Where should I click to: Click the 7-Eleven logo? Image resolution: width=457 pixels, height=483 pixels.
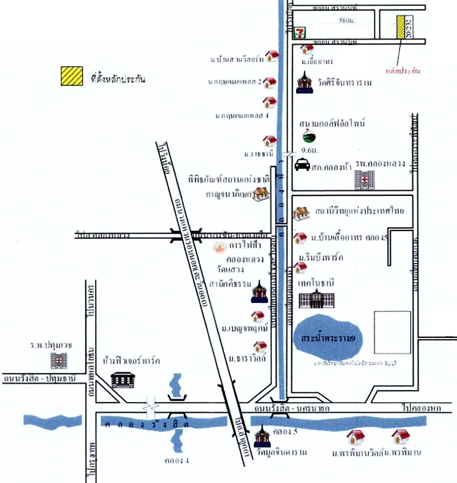pos(300,32)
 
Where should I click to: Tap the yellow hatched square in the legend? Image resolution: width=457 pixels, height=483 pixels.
pos(72,76)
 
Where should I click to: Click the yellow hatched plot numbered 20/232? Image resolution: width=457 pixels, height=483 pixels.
pos(401,27)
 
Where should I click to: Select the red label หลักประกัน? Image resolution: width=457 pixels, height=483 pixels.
pos(403,71)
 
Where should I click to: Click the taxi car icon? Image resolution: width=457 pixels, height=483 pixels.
pos(302,165)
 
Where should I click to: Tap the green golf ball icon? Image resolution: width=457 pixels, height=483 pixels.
pos(309,136)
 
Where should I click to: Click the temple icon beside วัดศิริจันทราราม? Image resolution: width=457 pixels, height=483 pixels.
pos(304,83)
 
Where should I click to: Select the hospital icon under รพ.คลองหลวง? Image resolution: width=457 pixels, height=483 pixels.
pos(364,180)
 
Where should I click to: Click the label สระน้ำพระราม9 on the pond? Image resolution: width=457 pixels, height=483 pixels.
pos(328,338)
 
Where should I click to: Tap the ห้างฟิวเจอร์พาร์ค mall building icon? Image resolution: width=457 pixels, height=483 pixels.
pos(123,380)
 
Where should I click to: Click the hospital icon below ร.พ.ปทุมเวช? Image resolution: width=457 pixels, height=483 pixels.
pos(59,360)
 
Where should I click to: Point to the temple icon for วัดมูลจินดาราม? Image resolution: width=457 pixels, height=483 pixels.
pos(262,437)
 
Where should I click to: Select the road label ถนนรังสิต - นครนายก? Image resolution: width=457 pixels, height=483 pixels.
pos(292,408)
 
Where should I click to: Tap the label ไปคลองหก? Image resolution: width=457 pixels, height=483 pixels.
pos(422,408)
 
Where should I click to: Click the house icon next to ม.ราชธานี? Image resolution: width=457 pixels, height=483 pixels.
pos(270,141)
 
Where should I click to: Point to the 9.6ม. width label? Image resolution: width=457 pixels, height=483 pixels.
pos(310,150)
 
